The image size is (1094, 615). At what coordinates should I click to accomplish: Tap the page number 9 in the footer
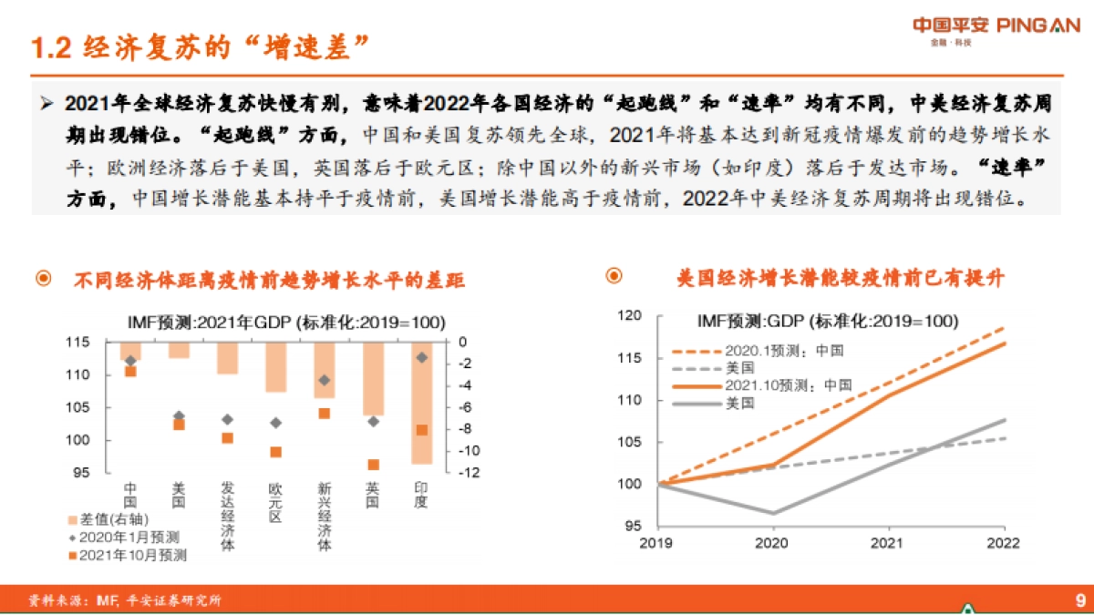(1079, 600)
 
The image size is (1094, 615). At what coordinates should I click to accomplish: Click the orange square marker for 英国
(373, 465)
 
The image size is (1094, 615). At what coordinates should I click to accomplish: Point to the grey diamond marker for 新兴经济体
(324, 380)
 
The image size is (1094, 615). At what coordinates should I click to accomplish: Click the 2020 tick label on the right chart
(771, 543)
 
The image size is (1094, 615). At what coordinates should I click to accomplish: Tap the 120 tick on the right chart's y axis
(630, 316)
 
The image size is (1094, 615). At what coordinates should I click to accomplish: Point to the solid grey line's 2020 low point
(771, 514)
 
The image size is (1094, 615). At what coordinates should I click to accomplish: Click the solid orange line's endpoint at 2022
(1006, 343)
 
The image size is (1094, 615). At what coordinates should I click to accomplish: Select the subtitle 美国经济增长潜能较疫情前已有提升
(840, 278)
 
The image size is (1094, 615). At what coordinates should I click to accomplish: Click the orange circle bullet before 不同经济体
(43, 280)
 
